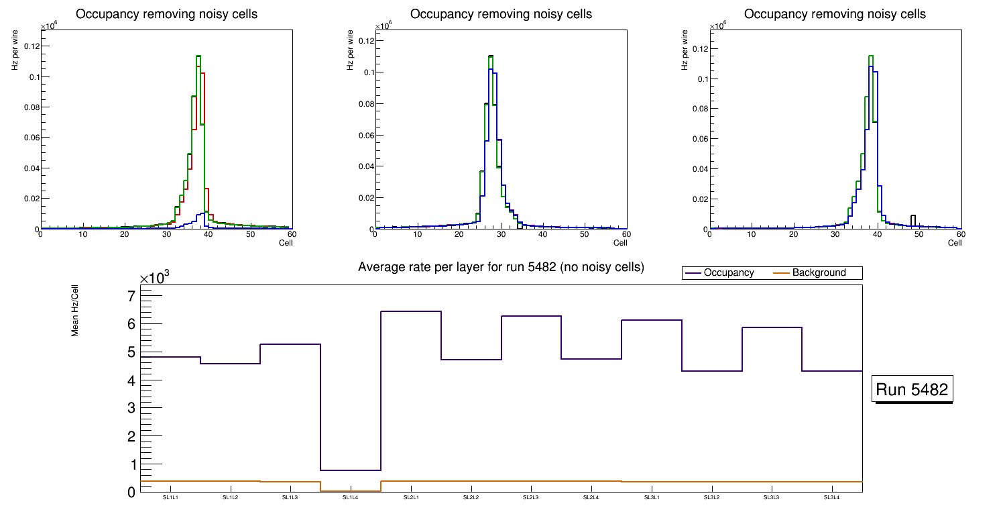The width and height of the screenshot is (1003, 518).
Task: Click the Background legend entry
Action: pos(819,273)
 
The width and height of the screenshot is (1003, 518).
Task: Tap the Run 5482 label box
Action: pos(912,389)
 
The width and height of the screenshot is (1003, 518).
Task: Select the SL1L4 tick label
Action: pos(351,498)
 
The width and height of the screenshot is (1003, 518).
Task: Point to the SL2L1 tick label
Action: pos(411,498)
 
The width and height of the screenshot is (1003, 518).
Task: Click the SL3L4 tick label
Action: pos(832,498)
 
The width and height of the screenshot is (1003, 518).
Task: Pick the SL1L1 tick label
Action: pos(170,498)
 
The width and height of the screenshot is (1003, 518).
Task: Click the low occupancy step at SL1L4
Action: pos(351,470)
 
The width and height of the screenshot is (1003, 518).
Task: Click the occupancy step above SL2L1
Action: pos(411,311)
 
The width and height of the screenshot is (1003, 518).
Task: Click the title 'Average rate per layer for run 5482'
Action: pos(501,267)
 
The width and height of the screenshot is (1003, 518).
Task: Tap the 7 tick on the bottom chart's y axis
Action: pos(131,297)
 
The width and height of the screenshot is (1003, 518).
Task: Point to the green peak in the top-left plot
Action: pos(198,56)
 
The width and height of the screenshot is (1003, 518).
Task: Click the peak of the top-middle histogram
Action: pos(491,56)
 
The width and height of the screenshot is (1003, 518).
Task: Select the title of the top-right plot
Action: pos(835,13)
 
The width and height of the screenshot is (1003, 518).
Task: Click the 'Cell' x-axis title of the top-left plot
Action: pos(286,243)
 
